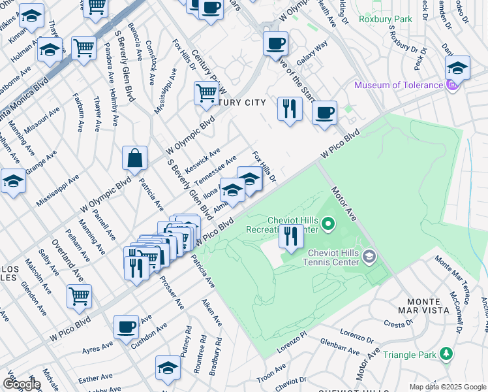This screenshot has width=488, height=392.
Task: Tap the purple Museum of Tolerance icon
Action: point(451,86)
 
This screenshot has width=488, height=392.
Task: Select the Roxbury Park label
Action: point(385,19)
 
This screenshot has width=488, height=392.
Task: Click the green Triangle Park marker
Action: point(446,354)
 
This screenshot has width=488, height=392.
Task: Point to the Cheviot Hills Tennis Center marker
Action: point(369,255)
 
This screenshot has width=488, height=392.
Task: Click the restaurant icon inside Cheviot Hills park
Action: point(291,236)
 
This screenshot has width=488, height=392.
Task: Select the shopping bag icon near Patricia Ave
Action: point(134,158)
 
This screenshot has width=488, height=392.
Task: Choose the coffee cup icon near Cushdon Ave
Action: point(126,327)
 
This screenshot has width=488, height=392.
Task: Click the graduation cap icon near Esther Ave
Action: point(168,368)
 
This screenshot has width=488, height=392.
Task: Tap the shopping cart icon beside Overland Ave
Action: point(79,296)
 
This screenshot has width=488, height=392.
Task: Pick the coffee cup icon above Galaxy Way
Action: point(275,44)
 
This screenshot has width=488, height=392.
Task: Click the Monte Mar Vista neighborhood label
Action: point(459,302)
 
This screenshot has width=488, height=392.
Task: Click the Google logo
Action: point(21,384)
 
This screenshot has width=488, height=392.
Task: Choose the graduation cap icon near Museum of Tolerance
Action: point(458,68)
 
